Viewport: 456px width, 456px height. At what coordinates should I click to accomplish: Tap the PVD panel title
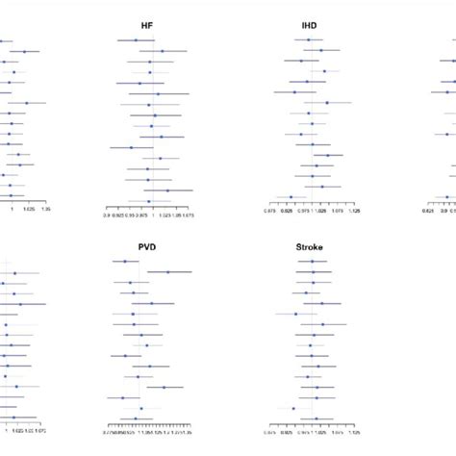[x=147, y=247]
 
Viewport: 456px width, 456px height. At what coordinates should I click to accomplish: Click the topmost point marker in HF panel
[x=136, y=40]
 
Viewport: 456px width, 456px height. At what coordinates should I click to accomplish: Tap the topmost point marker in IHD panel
[x=308, y=40]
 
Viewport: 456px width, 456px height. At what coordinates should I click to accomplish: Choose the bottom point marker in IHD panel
[x=291, y=197]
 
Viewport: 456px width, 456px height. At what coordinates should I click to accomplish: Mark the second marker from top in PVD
[x=166, y=271]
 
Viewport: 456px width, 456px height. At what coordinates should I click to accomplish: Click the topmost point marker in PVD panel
[x=124, y=261]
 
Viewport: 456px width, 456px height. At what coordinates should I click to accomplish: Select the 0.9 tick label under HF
[x=107, y=216]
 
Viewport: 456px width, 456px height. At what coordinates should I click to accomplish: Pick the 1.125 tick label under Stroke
[x=353, y=432]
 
